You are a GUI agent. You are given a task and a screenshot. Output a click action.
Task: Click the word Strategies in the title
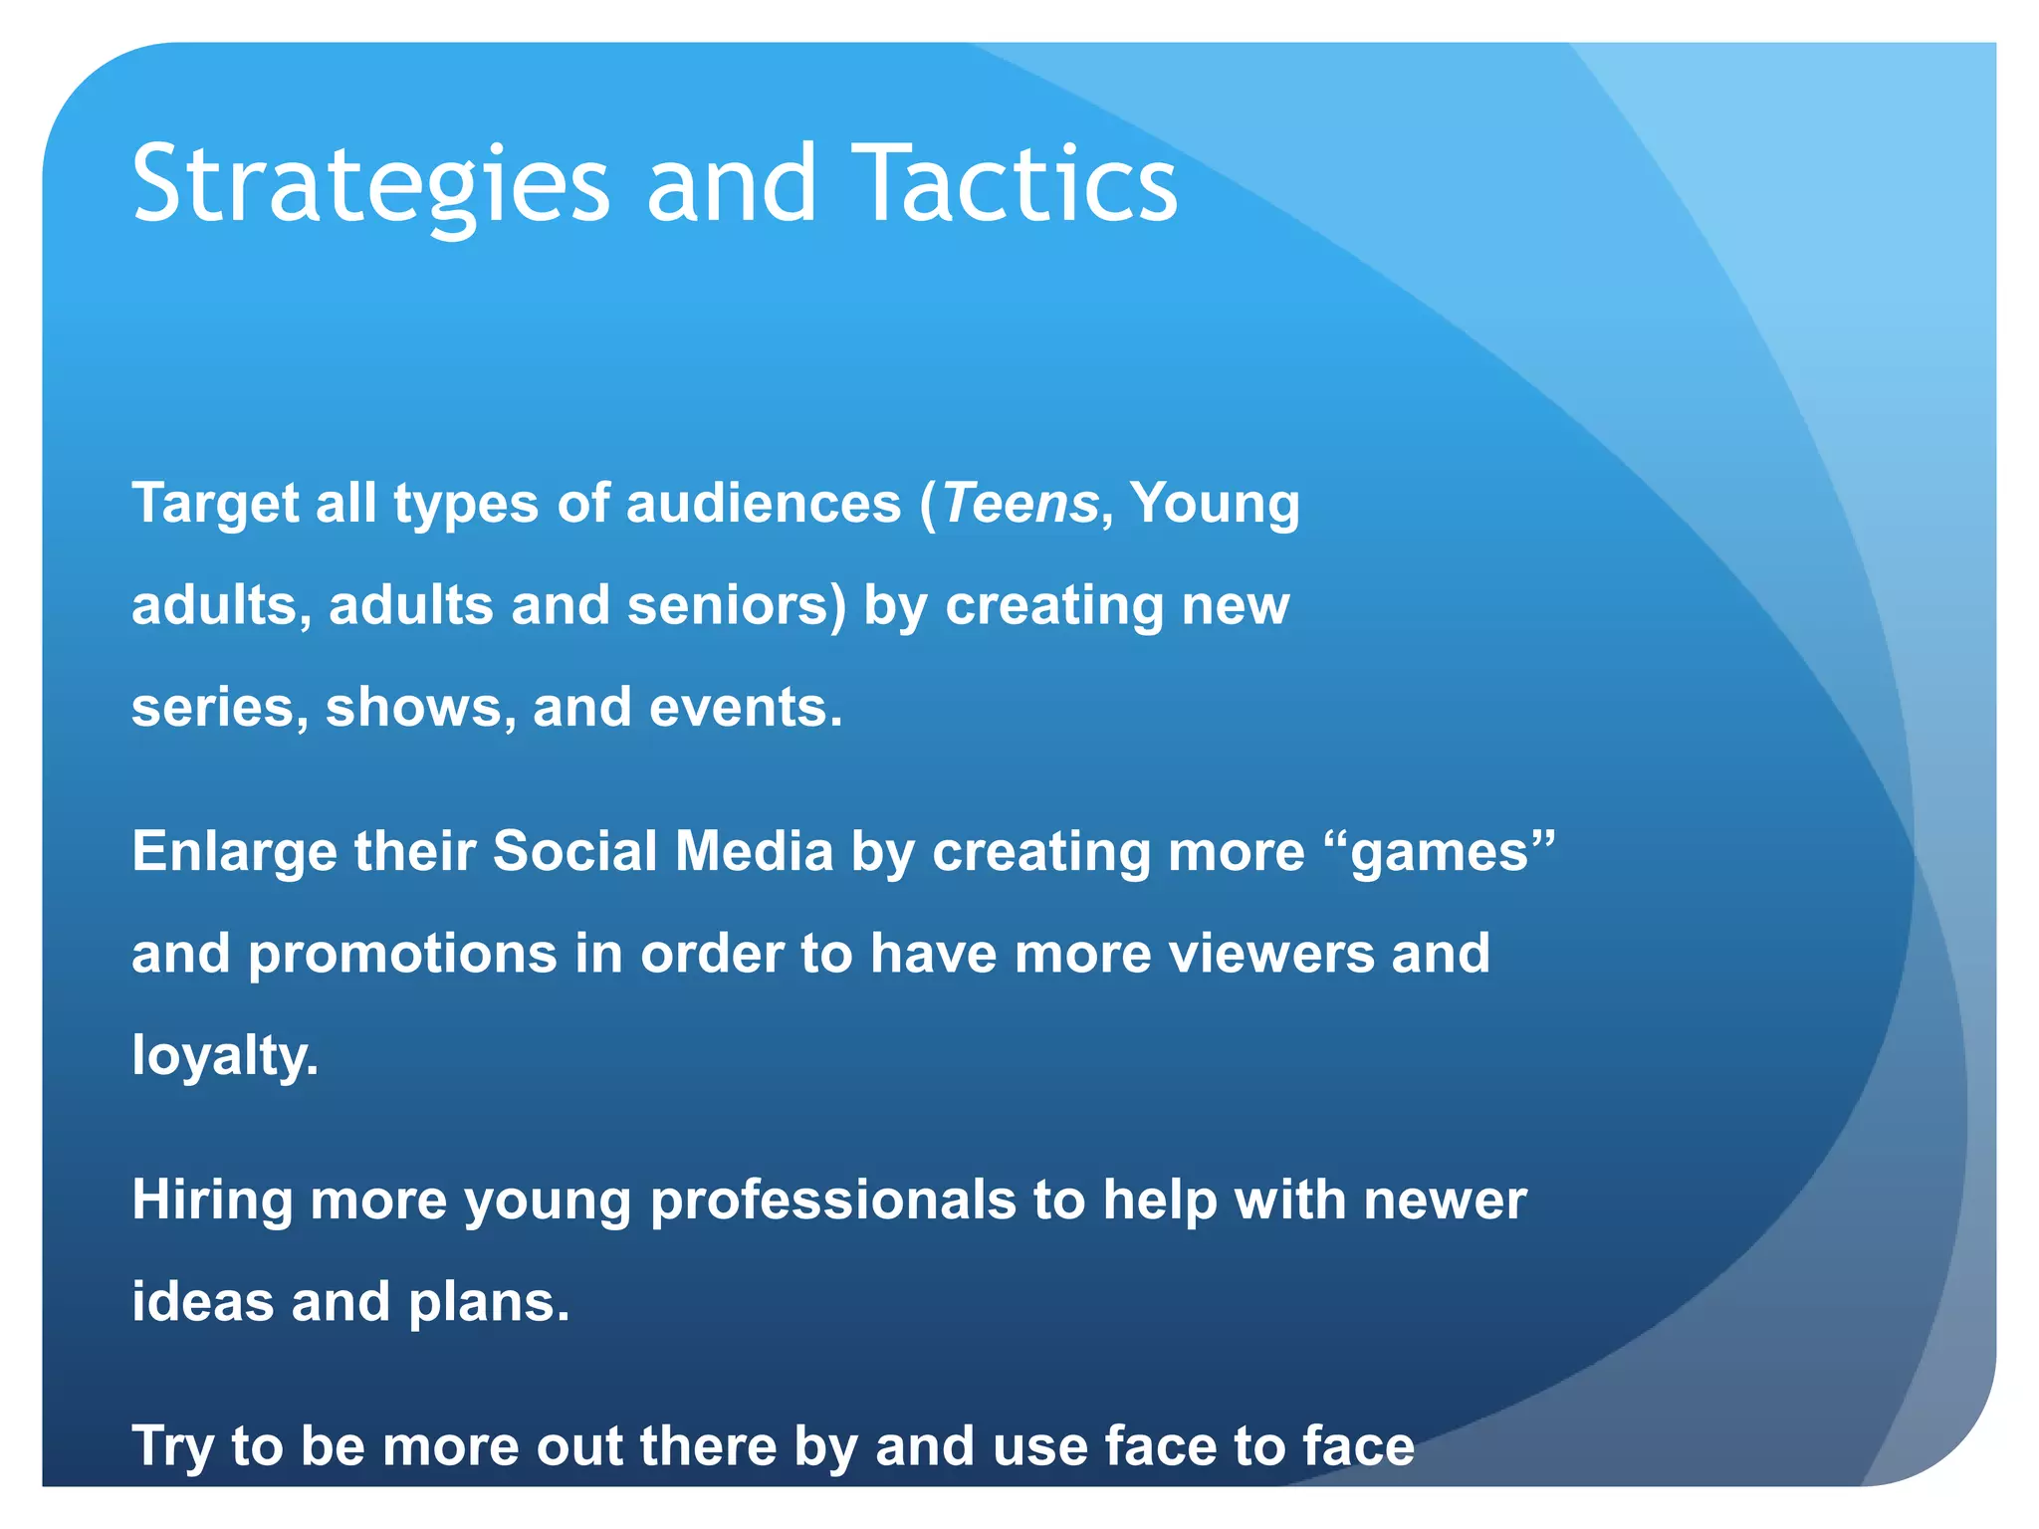pos(370,184)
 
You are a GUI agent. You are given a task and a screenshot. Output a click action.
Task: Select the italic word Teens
pos(1019,503)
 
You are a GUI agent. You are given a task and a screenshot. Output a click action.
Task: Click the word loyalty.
pos(225,1057)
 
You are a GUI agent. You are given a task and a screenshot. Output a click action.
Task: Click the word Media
pos(754,852)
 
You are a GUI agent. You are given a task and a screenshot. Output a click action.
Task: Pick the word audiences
pos(763,503)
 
